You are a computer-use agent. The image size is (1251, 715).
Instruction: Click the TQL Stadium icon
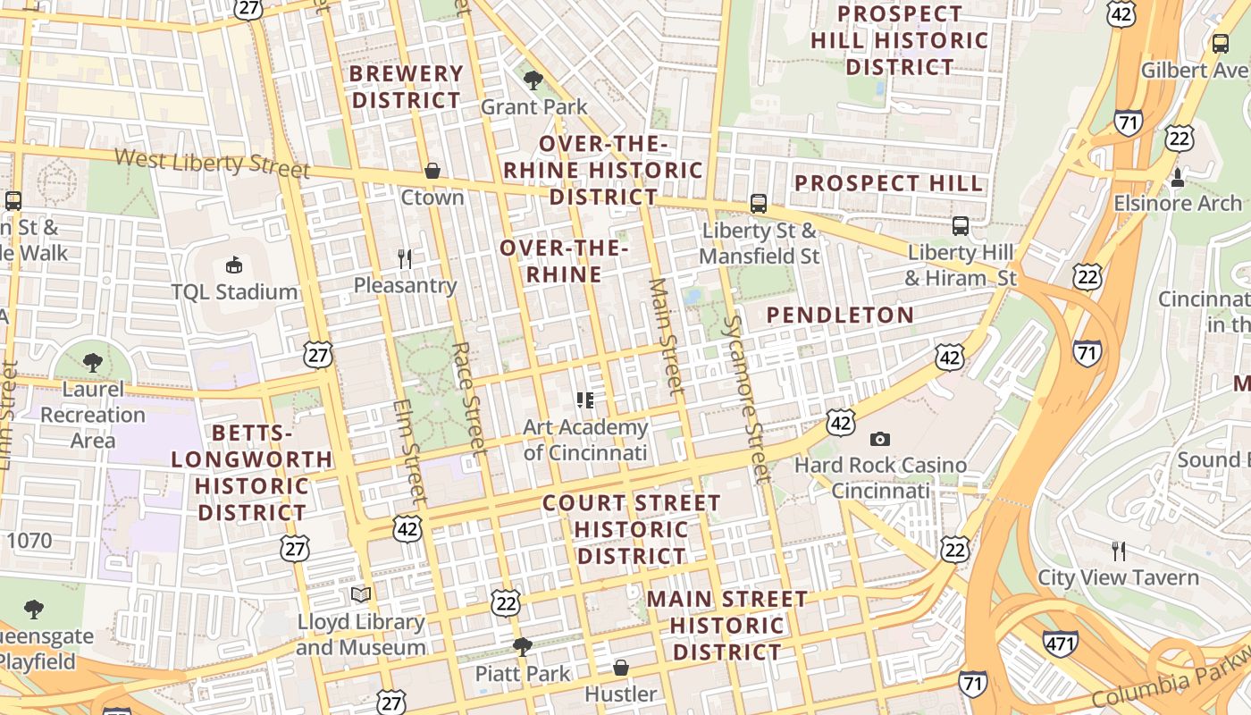click(x=234, y=265)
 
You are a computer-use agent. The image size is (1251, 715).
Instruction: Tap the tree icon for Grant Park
click(x=533, y=80)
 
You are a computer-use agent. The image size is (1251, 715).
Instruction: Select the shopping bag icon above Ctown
click(x=432, y=171)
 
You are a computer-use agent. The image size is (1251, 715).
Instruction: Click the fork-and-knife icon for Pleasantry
click(x=405, y=259)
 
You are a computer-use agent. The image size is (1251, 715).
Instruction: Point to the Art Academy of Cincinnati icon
click(x=585, y=400)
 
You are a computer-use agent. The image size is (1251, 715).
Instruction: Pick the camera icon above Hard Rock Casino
click(x=880, y=439)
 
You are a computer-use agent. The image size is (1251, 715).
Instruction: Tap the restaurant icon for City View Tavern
click(x=1118, y=551)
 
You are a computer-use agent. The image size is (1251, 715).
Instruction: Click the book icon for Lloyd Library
click(x=361, y=594)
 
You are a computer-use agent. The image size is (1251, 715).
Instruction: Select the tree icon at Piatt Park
click(x=523, y=646)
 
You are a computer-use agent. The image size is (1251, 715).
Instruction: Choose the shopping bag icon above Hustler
click(x=621, y=668)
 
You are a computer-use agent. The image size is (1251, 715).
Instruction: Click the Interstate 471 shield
click(x=1060, y=643)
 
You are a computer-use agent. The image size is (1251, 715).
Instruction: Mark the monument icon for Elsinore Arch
click(x=1178, y=177)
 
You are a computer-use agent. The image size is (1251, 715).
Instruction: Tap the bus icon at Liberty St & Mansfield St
click(x=759, y=204)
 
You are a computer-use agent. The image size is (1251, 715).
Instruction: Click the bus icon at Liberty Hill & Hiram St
click(x=961, y=226)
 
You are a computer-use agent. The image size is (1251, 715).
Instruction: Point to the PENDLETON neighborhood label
click(x=840, y=315)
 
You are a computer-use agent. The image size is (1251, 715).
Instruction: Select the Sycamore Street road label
click(x=745, y=399)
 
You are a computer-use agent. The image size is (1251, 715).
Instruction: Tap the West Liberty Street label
click(x=212, y=164)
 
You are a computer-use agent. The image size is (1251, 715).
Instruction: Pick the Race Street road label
click(x=468, y=397)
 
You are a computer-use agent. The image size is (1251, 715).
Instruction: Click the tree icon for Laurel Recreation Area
click(x=92, y=362)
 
